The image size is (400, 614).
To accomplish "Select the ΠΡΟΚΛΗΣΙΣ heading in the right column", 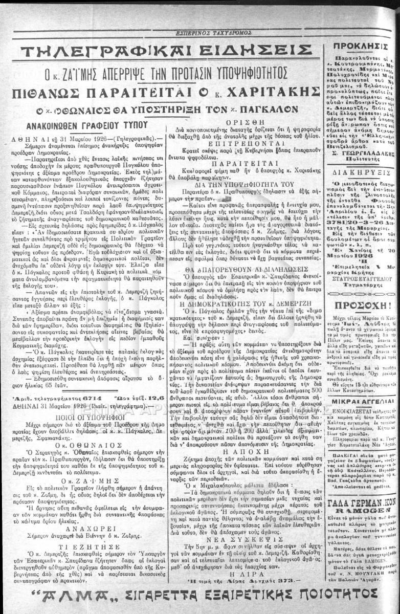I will click(x=353, y=47).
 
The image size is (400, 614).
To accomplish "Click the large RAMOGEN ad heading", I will click(x=354, y=511).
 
